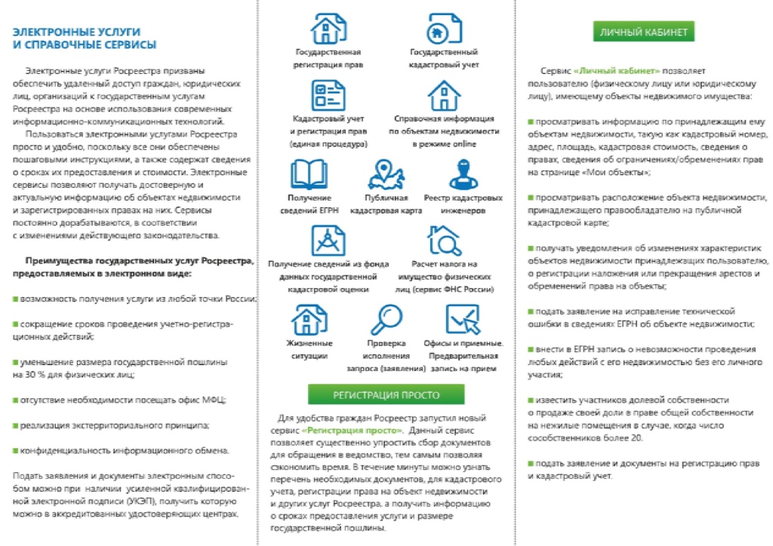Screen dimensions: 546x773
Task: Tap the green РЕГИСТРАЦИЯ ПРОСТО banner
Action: coord(386,394)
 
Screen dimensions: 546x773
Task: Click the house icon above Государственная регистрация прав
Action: coord(327,29)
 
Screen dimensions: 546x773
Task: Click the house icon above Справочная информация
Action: coord(444,95)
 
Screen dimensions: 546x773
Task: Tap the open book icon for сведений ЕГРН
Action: coord(309,173)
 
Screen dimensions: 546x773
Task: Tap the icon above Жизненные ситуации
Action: coord(309,320)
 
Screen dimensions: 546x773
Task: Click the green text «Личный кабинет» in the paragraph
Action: coord(617,69)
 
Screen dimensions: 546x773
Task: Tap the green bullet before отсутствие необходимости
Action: coord(15,400)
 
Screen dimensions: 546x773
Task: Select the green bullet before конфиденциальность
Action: coord(15,451)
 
